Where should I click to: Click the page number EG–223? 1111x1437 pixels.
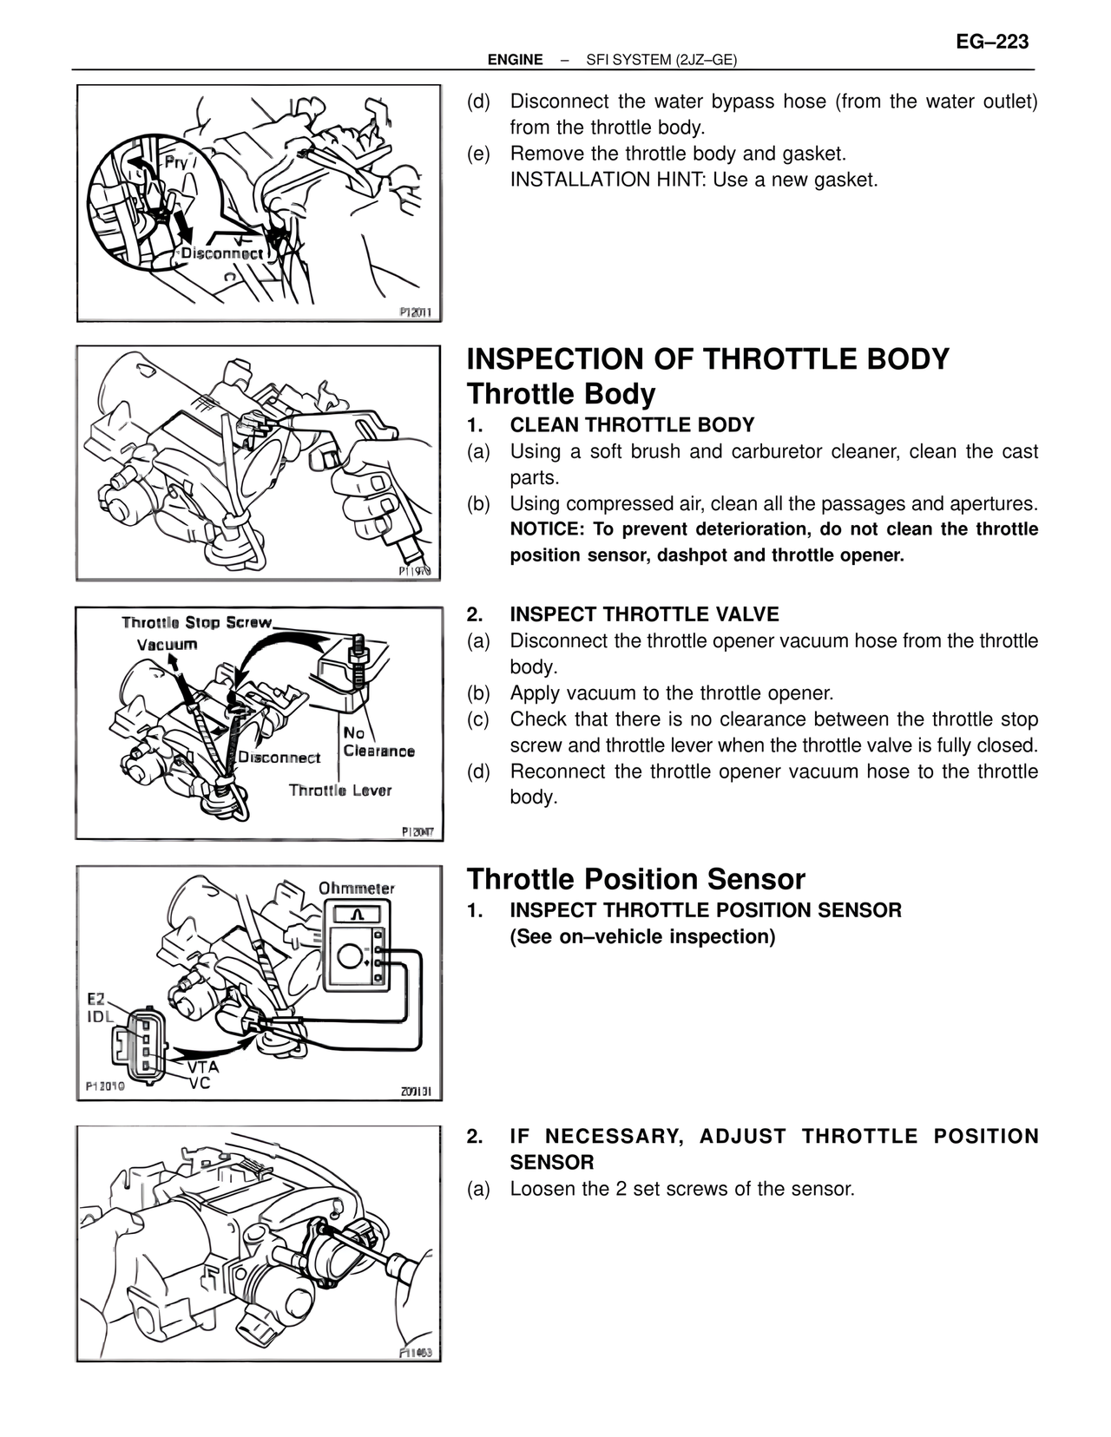pyautogui.click(x=992, y=42)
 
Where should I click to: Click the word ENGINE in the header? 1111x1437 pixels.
pyautogui.click(x=515, y=60)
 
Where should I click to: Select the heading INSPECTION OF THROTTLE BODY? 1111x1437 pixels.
pyautogui.click(x=708, y=359)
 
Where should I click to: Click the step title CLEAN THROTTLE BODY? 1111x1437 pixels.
pyautogui.click(x=632, y=425)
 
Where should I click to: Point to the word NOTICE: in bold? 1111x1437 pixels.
pyautogui.click(x=547, y=529)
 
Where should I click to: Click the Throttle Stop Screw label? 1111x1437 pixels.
pyautogui.click(x=197, y=622)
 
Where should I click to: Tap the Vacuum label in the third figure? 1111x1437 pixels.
pyautogui.click(x=167, y=644)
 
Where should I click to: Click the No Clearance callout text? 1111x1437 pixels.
pyautogui.click(x=378, y=743)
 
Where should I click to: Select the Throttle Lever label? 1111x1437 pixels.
pyautogui.click(x=340, y=790)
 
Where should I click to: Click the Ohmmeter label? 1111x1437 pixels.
pyautogui.click(x=356, y=888)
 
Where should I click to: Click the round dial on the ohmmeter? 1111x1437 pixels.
pyautogui.click(x=350, y=957)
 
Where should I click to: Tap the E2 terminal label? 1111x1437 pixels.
pyautogui.click(x=95, y=1000)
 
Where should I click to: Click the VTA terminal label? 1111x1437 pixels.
pyautogui.click(x=203, y=1067)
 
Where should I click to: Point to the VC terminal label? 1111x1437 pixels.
pyautogui.click(x=199, y=1084)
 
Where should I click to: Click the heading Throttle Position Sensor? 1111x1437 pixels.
pyautogui.click(x=636, y=879)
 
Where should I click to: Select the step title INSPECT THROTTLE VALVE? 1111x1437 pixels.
pyautogui.click(x=644, y=614)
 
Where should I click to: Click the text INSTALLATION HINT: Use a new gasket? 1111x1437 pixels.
pyautogui.click(x=694, y=180)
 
